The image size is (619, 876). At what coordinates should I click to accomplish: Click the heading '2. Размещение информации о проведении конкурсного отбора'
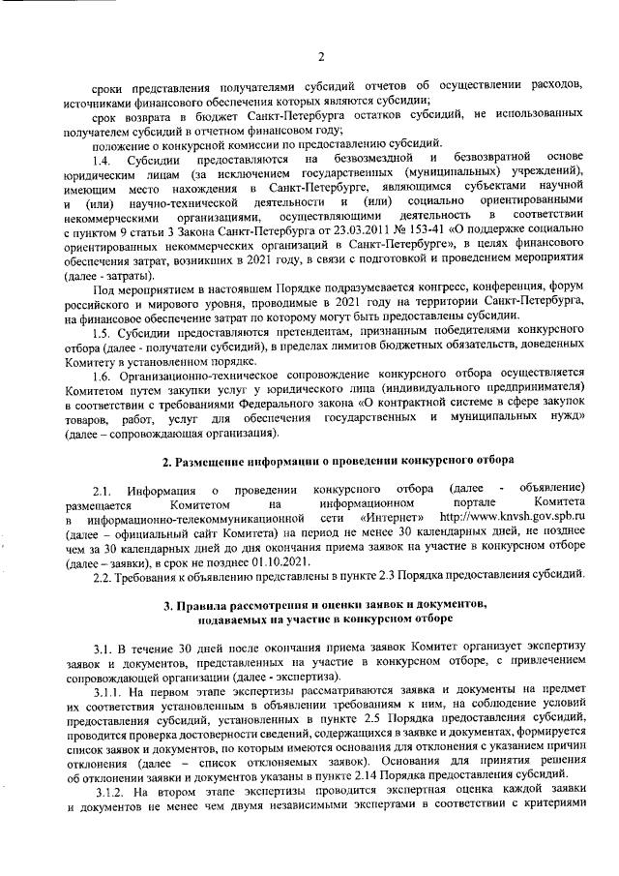click(x=337, y=458)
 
